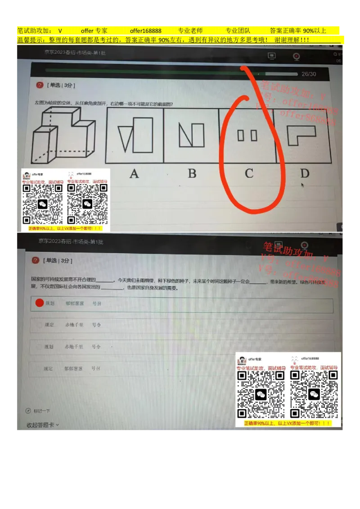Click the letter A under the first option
pos(134,174)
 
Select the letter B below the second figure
pos(192,174)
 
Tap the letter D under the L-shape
pos(305,173)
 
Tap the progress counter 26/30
pos(309,74)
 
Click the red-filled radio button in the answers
pos(40,303)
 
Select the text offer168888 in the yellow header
pos(145,31)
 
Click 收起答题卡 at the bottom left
pos(42,424)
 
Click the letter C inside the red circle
pos(249,174)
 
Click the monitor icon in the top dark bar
pos(271,56)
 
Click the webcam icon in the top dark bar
pos(297,56)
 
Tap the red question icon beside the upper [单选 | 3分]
pos(40,85)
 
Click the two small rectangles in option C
pos(247,135)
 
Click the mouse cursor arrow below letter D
pos(302,184)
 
